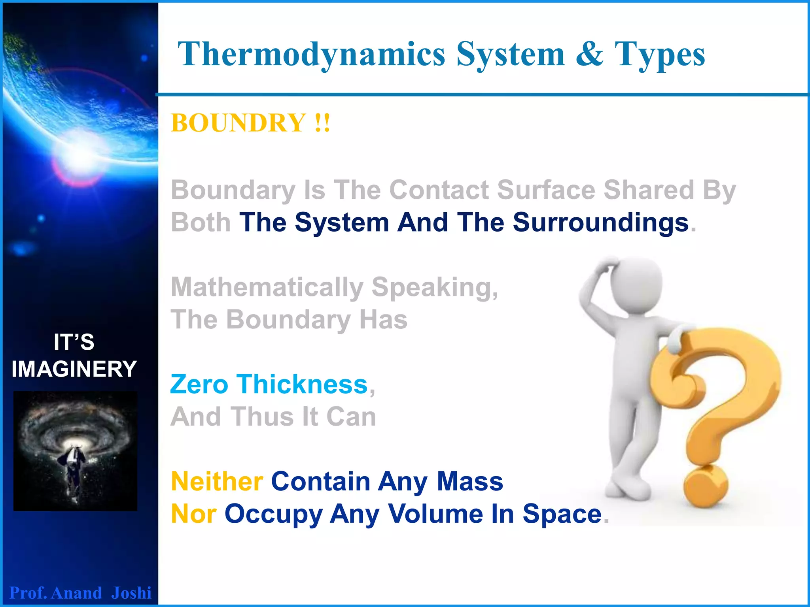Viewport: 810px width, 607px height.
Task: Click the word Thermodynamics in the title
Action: pos(312,55)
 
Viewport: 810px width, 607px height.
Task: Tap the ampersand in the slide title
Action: pos(589,55)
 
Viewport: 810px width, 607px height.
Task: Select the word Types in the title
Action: pos(660,55)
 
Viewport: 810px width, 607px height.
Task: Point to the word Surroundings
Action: pos(601,222)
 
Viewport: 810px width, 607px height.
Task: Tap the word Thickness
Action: pos(303,385)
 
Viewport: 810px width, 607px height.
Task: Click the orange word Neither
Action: pos(217,482)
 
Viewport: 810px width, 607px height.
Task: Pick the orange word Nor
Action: pos(193,514)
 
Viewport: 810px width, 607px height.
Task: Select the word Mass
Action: pos(470,482)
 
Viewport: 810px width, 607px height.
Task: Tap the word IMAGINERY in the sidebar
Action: pos(74,369)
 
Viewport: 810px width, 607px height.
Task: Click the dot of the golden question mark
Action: pos(706,486)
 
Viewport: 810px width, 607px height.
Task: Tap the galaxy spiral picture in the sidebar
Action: pos(75,451)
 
